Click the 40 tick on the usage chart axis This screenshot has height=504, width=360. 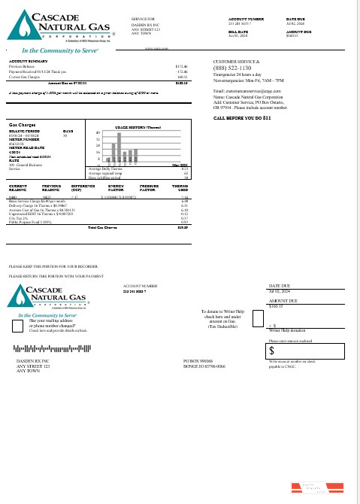click(x=98, y=132)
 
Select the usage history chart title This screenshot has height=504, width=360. click(x=135, y=127)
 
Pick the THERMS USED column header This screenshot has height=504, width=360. click(x=180, y=187)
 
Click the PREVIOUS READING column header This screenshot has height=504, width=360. click(x=52, y=187)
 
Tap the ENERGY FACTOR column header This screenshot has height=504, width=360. click(x=116, y=187)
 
